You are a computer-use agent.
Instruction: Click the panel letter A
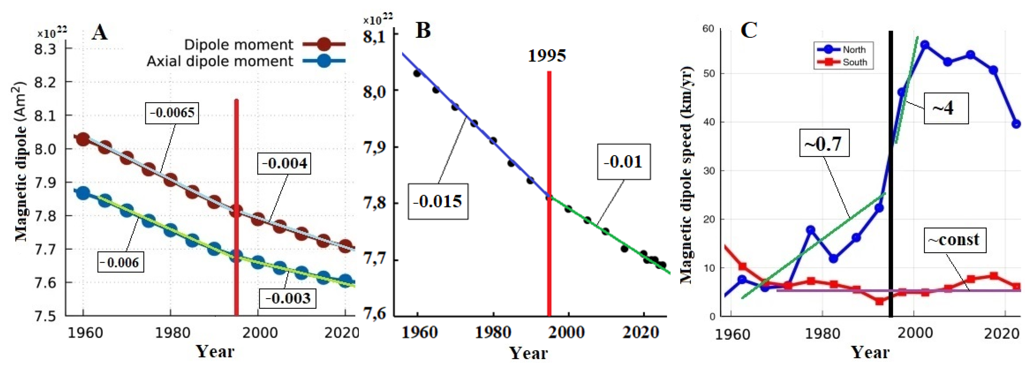(99, 32)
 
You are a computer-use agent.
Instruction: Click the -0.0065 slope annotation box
(172, 113)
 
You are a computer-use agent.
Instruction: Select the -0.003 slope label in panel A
(288, 298)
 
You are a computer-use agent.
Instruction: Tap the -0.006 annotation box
(121, 263)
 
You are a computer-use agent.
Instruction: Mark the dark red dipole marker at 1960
(83, 139)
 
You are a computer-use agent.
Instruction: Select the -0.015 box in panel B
(438, 201)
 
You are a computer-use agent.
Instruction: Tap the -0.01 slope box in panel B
(623, 162)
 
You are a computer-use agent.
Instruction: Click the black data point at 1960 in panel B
(417, 73)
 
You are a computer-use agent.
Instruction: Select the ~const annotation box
(954, 240)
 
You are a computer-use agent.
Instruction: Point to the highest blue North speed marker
(925, 44)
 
